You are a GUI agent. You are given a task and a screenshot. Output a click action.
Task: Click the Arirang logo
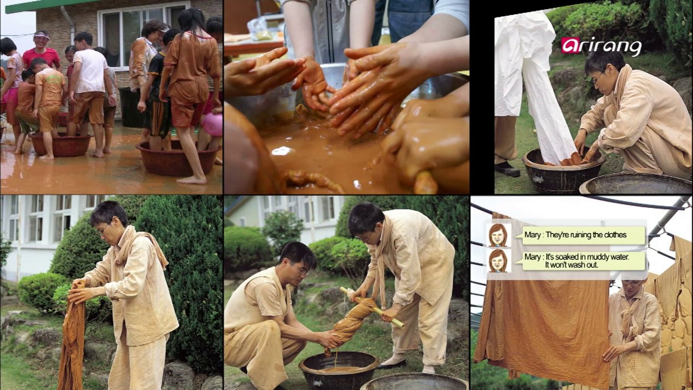pos(601,47)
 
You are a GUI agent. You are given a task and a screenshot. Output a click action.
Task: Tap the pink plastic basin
pos(212,125)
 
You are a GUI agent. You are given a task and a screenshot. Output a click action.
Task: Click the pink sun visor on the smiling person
pos(42,36)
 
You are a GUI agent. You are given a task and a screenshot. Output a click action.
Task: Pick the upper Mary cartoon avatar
pos(499,235)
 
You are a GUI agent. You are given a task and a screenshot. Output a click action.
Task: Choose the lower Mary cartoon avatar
pos(499,261)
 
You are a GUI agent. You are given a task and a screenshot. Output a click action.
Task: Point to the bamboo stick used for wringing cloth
pos(372,307)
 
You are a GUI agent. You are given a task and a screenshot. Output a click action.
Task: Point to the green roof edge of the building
pos(53,6)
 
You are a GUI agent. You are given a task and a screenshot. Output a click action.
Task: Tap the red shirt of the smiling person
pos(41,58)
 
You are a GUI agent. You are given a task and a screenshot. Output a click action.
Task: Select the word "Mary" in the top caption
pos(532,235)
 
